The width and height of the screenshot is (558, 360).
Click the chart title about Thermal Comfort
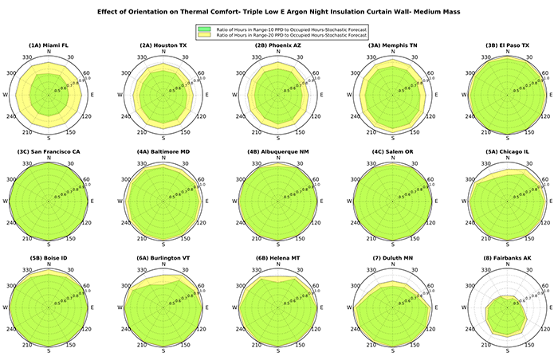point(278,13)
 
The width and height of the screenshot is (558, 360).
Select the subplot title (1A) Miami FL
point(49,47)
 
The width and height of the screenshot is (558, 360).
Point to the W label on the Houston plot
point(120,96)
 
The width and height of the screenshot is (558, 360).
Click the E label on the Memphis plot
point(433,96)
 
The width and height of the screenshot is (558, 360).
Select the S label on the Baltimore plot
point(163,245)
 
